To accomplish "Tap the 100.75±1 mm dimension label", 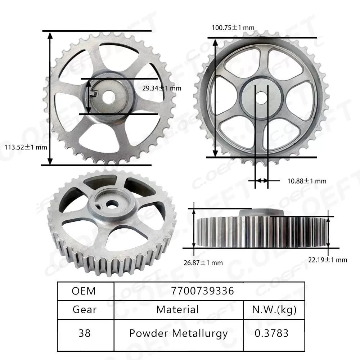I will tap(233, 28).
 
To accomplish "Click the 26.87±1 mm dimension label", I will tap(203, 262).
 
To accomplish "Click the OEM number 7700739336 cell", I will tap(209, 291).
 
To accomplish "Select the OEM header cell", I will tap(85, 291).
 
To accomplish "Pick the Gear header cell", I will tap(85, 310).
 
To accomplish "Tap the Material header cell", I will tap(178, 310).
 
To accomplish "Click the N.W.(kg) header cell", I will tap(274, 310).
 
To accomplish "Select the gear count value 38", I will tap(85, 333).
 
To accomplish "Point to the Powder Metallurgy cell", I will tap(178, 333).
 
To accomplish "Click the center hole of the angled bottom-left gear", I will tap(113, 203).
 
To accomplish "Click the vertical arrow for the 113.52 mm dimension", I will tap(50, 97).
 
